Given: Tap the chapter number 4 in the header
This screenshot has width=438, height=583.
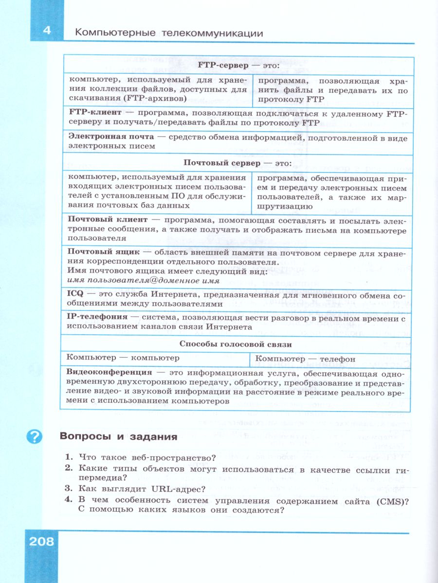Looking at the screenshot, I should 47,30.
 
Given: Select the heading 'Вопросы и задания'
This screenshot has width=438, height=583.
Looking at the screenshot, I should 117,436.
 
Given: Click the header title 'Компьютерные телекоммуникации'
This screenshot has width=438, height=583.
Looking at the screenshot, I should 169,33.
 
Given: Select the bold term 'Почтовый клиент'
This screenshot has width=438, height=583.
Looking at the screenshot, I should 106,220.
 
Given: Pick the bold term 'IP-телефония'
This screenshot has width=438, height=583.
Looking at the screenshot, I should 97,317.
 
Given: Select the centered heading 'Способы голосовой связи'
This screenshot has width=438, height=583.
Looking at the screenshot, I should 236,344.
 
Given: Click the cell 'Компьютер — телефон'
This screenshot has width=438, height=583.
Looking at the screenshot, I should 305,359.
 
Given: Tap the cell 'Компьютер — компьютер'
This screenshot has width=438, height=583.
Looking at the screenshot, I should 123,358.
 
